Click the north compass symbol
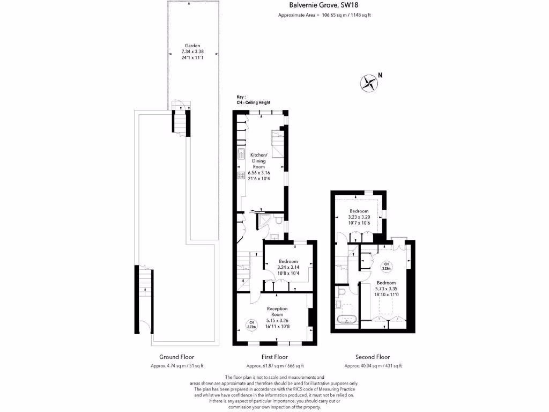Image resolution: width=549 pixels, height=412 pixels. pos(369,83)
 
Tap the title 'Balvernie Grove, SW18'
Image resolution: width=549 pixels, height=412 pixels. pos(324,5)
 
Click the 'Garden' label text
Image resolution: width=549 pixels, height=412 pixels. pos(192,46)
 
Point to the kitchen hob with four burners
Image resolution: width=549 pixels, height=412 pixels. pos(241,174)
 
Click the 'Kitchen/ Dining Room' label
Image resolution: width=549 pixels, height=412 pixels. pos(258,160)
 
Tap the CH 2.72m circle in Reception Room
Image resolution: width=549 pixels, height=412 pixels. pos(250,323)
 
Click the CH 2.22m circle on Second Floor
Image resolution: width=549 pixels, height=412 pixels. pos(385,267)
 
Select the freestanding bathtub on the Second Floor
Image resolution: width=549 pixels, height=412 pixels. pos(347,320)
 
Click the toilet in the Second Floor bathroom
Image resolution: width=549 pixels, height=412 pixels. pos(341,292)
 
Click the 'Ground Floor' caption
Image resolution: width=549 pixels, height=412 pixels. pos(176,357)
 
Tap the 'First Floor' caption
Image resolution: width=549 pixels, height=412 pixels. pos(274,357)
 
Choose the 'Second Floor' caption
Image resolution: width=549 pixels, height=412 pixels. pos(373,357)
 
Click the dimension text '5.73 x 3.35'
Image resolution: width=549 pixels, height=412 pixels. pos(386,289)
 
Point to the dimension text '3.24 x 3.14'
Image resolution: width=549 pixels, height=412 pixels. pos(288,267)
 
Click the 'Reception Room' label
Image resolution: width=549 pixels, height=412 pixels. pos(277,312)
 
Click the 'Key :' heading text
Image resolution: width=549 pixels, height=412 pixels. pos(241,97)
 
